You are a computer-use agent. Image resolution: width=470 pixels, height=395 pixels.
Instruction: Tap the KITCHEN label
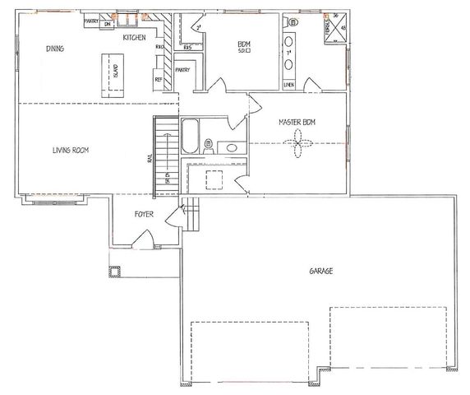[x=135, y=38]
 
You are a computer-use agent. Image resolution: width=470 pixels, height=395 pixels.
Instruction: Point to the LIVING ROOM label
[x=71, y=150]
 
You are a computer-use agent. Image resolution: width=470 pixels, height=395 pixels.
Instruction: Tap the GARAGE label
[x=320, y=271]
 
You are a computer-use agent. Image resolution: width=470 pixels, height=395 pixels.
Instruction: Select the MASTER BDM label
[x=296, y=122]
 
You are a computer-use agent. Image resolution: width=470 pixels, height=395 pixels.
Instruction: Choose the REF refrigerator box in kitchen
[x=159, y=79]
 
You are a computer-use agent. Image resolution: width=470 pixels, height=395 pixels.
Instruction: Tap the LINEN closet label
[x=288, y=84]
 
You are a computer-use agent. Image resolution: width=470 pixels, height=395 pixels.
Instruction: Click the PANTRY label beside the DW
[x=90, y=21]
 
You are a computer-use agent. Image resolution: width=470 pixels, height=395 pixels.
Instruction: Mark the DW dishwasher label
[x=108, y=24]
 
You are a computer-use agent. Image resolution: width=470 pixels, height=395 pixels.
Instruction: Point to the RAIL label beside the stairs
[x=149, y=159]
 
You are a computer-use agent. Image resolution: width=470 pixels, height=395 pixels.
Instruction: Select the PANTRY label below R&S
[x=182, y=70]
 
